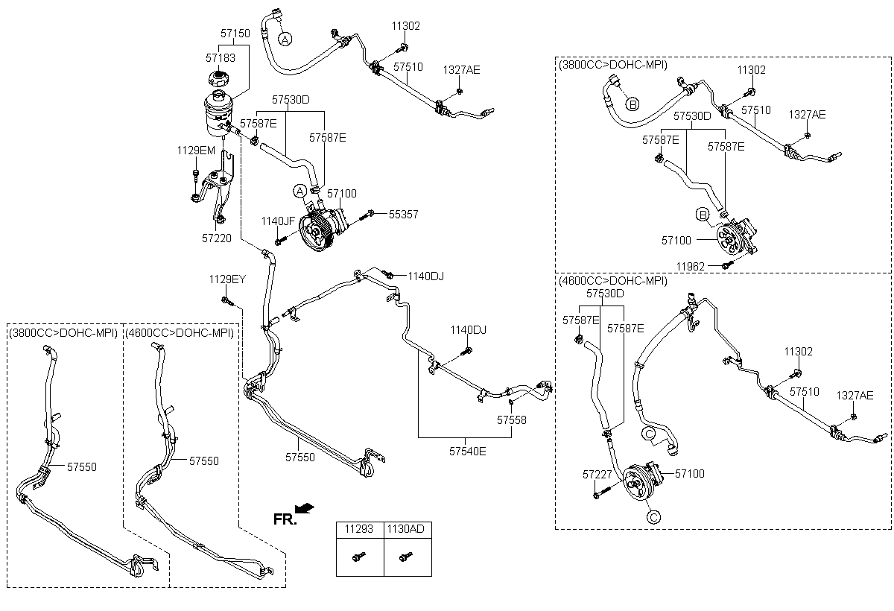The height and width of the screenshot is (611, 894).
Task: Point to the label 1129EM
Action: (196, 151)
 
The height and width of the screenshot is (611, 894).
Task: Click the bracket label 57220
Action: (216, 238)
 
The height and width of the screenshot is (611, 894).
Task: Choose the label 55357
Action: (403, 215)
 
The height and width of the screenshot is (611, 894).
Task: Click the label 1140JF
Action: (279, 221)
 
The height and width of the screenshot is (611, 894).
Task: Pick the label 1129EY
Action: (227, 279)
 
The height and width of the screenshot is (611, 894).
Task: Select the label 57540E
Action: (467, 451)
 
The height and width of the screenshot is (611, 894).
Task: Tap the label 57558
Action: (512, 420)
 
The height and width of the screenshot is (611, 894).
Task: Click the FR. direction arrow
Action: (304, 508)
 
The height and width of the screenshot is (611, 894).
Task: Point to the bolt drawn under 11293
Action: (359, 556)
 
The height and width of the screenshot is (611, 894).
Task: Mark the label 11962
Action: (691, 266)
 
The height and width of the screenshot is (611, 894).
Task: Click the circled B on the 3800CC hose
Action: (631, 104)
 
